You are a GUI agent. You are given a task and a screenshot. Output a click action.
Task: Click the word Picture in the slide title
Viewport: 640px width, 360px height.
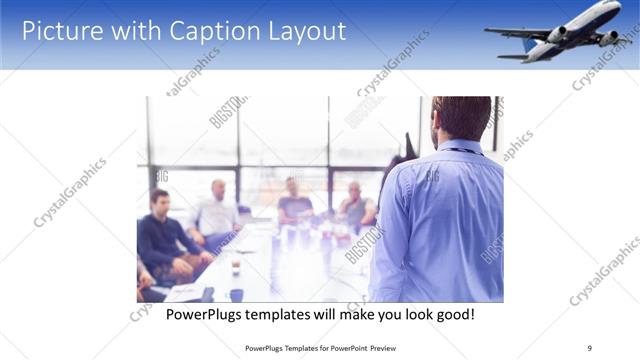pos(62,31)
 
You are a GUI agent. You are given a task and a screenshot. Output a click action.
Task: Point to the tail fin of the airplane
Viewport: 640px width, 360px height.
pos(528,45)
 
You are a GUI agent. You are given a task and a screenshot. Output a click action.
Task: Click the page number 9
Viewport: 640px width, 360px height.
pos(589,348)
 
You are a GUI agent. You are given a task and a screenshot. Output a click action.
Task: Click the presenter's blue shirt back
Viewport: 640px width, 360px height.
pos(440,220)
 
